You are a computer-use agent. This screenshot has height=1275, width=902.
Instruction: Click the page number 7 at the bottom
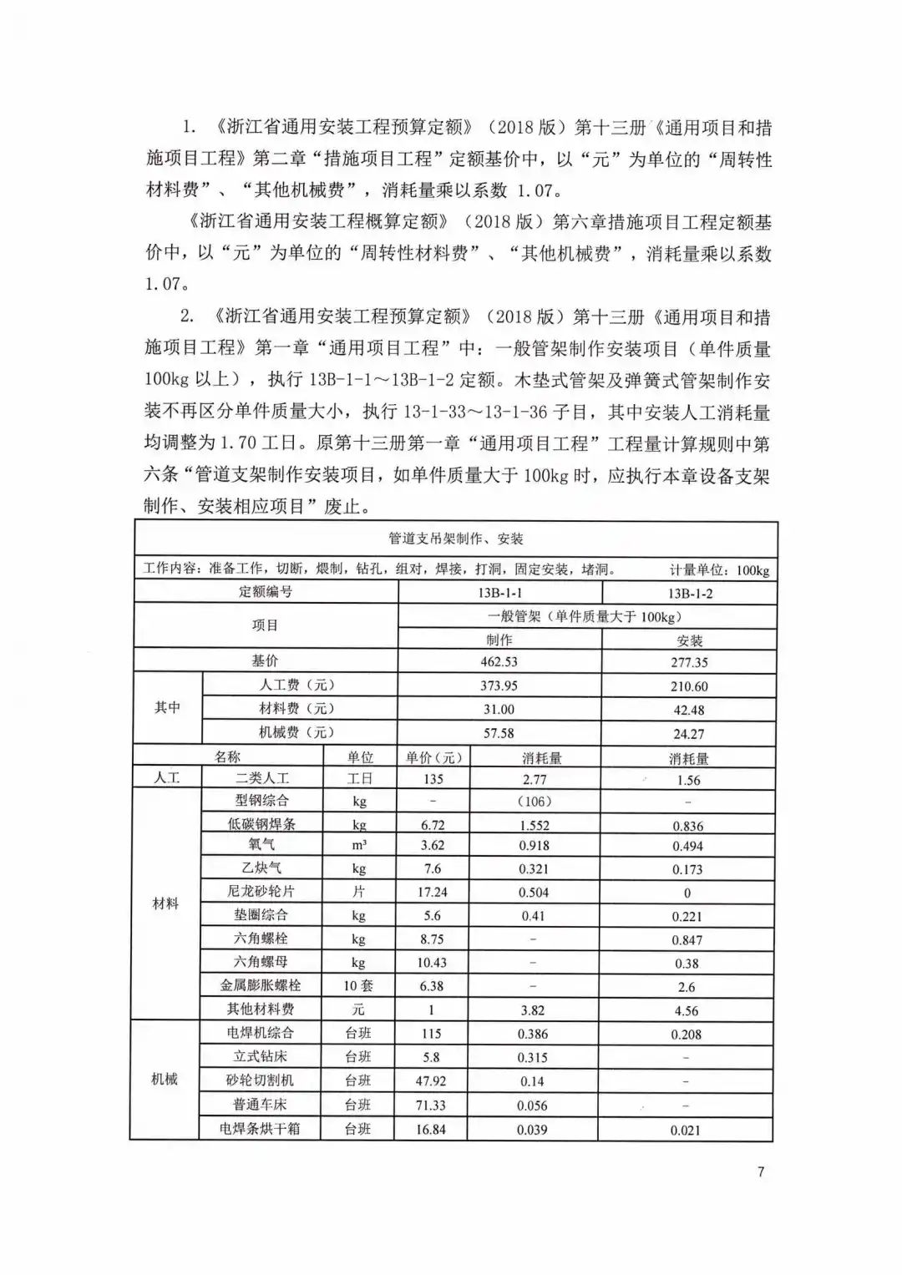(x=761, y=1171)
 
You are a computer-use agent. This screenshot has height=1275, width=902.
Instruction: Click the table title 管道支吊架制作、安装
(x=456, y=539)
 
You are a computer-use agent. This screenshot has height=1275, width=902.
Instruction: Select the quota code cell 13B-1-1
(x=499, y=593)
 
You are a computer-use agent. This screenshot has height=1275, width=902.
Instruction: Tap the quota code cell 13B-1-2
(x=689, y=594)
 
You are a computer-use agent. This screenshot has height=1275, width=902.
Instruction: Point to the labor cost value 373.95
(x=499, y=686)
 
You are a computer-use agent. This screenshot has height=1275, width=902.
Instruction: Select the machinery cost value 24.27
(x=689, y=734)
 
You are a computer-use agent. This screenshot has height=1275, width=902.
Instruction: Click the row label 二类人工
(x=262, y=778)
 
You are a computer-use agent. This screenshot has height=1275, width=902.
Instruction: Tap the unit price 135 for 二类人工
(x=433, y=779)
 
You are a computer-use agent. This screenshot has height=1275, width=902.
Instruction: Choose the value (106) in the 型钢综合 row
(x=534, y=802)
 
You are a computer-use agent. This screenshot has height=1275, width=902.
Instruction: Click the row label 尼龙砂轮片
(x=262, y=892)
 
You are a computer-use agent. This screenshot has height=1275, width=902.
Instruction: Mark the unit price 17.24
(x=433, y=893)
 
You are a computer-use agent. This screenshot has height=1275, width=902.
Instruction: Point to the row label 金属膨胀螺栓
(x=261, y=986)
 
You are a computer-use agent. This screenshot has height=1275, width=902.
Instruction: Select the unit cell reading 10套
(x=359, y=986)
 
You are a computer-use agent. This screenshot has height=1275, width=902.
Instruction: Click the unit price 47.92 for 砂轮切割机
(x=431, y=1080)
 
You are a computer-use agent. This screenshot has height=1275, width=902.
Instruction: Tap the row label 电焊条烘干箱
(x=260, y=1129)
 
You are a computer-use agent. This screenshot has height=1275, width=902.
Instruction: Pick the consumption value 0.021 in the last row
(x=687, y=1131)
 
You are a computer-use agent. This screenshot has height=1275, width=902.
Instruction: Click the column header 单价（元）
(x=433, y=757)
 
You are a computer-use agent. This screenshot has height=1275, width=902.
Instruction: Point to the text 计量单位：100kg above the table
(x=719, y=571)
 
